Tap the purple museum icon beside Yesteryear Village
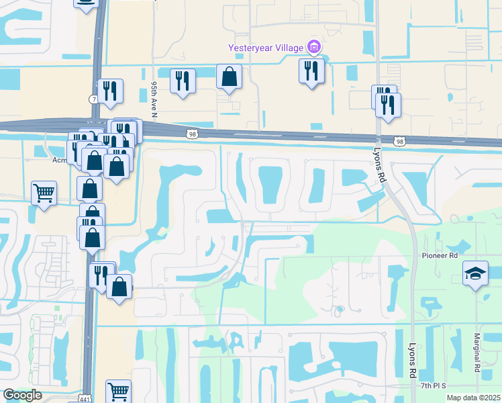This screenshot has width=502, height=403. pos(313,47)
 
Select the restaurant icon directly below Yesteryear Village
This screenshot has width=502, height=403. pos(311,71)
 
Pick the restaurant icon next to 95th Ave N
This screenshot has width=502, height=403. pos(183,81)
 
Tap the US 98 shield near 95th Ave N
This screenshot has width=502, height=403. pos(192,134)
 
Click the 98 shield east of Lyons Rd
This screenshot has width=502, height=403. pos(400,141)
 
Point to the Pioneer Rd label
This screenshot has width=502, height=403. pos(440,256)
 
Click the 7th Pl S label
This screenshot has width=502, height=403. pos(434,386)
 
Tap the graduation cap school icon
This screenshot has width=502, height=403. pos(475,273)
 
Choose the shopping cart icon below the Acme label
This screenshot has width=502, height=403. pos(44,193)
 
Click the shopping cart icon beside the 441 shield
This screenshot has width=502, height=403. pos(118,390)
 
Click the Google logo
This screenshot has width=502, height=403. pos(22,395)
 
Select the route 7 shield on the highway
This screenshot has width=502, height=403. pos(93,99)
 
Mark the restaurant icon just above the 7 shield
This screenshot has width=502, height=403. pos(110,91)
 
